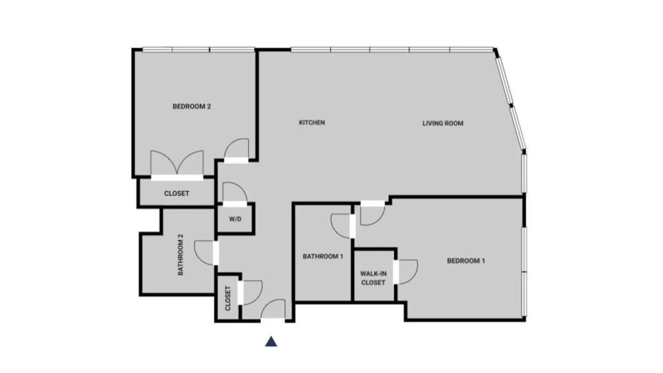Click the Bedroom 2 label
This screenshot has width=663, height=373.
(x=191, y=106)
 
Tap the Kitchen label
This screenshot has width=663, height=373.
(x=312, y=123)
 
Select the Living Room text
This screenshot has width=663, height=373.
(x=443, y=123)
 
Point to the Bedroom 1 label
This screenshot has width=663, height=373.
(x=466, y=261)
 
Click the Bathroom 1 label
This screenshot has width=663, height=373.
(x=323, y=257)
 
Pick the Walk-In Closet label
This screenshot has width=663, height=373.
(x=373, y=278)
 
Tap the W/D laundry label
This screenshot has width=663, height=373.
(x=235, y=219)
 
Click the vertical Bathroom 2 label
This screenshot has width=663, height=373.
(x=181, y=255)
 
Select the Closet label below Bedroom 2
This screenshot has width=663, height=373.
(x=177, y=193)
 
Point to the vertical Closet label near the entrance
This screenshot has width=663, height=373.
(x=228, y=298)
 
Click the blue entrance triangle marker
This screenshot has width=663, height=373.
(x=271, y=341)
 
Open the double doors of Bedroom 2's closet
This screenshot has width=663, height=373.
(x=177, y=164)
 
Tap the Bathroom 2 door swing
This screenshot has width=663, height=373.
(x=205, y=253)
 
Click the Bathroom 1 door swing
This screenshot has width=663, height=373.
(x=342, y=226)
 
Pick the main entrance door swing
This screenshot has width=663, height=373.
(x=274, y=310)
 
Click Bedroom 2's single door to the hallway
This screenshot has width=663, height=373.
(x=237, y=149)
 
